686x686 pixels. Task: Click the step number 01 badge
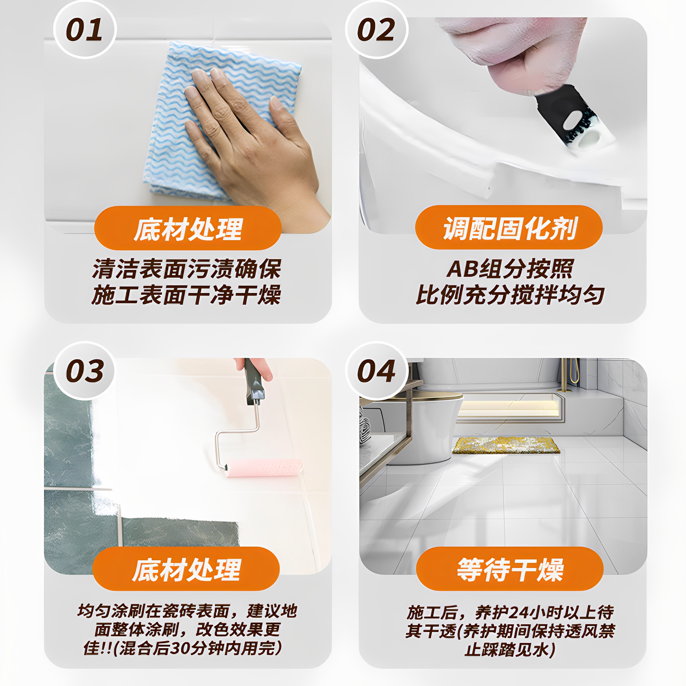(85, 30)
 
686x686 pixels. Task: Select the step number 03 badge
(85, 371)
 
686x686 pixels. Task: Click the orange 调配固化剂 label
(509, 228)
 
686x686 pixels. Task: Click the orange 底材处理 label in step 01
(188, 228)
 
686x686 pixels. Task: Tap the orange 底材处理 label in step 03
(186, 569)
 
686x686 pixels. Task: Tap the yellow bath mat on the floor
(506, 445)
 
